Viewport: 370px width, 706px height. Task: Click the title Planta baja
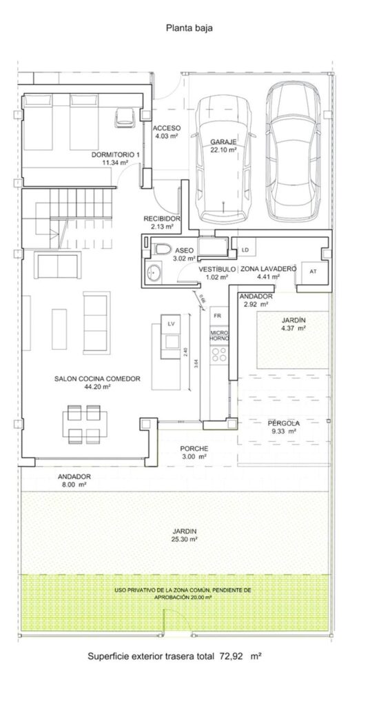tap(189, 28)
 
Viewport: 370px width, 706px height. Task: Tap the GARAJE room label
tap(224, 142)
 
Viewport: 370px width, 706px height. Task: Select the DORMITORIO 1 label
tap(116, 154)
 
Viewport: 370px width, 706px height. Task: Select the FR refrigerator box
tap(218, 316)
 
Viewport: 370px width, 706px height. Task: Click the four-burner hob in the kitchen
tap(219, 355)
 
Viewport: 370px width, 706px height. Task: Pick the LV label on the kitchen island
tap(171, 324)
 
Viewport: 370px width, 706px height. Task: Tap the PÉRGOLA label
tap(284, 423)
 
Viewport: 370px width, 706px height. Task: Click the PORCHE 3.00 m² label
tap(194, 452)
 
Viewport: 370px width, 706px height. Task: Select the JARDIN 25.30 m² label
tap(187, 535)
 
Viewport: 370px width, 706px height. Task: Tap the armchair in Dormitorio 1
tap(125, 117)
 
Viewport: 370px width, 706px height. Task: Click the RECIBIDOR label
tap(162, 219)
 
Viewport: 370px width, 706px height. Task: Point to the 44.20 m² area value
tap(97, 386)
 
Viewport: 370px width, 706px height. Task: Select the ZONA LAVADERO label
tap(268, 269)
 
